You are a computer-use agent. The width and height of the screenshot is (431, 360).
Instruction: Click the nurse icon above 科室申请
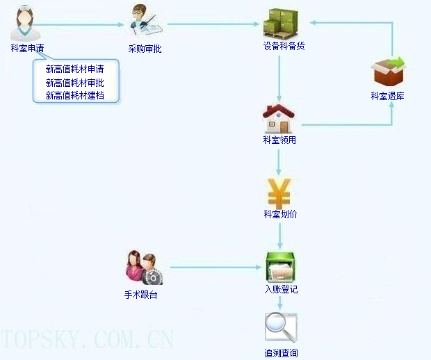point(25,24)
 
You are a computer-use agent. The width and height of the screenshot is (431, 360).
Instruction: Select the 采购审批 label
point(145,49)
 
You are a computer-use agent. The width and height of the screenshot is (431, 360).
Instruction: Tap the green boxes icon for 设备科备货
point(281,24)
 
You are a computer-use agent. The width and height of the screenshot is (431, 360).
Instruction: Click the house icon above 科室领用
point(279,119)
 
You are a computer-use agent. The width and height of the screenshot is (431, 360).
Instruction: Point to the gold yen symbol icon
point(279,193)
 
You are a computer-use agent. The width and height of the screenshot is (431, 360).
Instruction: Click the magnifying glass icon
point(281,327)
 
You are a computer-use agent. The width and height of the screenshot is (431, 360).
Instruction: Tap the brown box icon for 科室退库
point(388,71)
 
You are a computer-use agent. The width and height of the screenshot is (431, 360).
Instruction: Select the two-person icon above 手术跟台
point(145,268)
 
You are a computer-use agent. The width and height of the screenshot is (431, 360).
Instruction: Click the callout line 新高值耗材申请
point(75,69)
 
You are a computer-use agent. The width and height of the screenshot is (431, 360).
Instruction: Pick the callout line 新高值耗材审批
point(75,83)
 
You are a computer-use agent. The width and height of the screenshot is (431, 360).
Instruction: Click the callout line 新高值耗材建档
point(75,95)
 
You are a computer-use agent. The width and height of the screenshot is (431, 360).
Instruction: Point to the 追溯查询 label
point(281,353)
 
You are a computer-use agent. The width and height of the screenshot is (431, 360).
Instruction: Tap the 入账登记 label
point(281,289)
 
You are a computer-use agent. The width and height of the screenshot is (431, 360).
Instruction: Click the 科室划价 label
point(280,214)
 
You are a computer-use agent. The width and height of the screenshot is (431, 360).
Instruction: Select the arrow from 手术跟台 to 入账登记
point(215,267)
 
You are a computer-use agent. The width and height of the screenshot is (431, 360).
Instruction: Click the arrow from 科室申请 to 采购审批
point(79,25)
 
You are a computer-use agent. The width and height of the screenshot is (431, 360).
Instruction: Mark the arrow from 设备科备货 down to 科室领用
point(279,79)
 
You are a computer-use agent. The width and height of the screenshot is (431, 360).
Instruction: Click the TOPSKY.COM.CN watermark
point(87,340)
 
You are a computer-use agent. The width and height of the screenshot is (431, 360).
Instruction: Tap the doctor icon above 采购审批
point(145,20)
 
